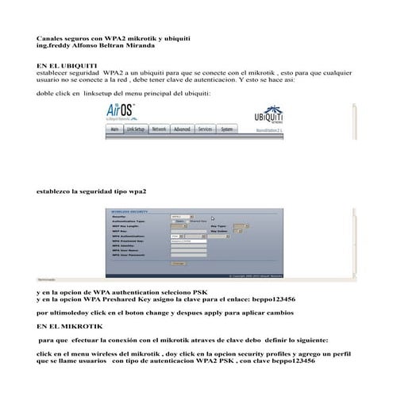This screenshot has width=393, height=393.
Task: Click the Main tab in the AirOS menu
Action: click(114, 128)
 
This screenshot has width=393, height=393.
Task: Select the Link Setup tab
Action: click(136, 128)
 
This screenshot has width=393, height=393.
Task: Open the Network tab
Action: click(159, 128)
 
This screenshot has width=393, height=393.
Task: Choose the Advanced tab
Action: click(182, 128)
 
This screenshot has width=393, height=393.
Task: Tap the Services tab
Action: click(205, 128)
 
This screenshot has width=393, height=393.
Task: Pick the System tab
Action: click(227, 128)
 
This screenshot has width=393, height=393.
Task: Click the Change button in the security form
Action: click(178, 263)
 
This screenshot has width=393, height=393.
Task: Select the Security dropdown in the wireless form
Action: click(182, 215)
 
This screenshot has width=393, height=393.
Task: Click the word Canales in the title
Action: click(52, 38)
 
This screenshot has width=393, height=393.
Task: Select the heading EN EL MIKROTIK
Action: click(66, 326)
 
